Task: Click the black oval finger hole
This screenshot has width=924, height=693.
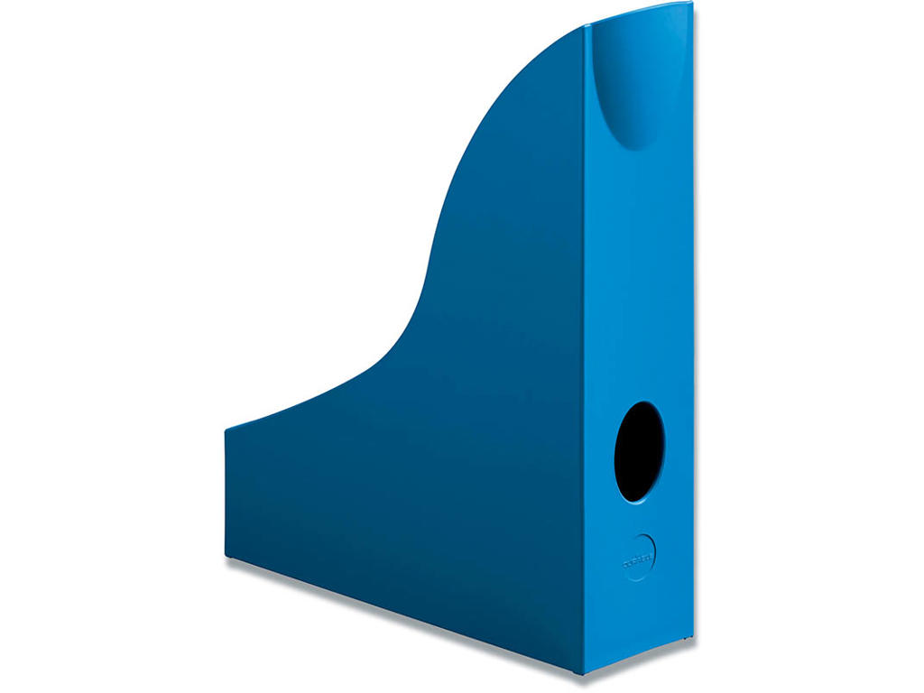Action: (x=639, y=451)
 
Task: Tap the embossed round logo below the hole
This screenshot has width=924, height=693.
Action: (x=639, y=555)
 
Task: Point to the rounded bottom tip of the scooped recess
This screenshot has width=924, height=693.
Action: (x=633, y=146)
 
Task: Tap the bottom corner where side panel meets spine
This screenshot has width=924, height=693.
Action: (x=582, y=671)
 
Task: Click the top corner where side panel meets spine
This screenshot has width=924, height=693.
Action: (x=584, y=26)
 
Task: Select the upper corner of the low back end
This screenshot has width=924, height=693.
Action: (x=226, y=429)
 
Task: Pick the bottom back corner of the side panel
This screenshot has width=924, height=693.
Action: (x=226, y=556)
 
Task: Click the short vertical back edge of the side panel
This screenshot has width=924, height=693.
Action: (x=226, y=492)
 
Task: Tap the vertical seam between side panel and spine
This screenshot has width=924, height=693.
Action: (x=583, y=361)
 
